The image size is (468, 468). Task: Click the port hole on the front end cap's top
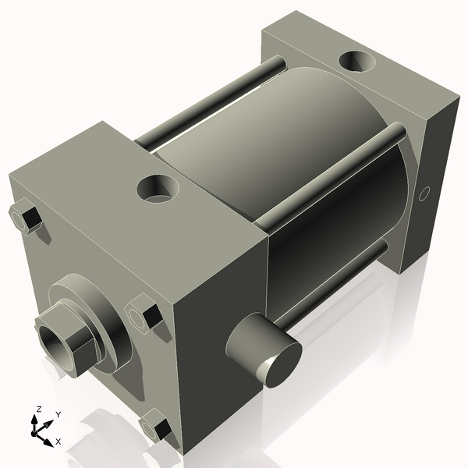[x=158, y=188]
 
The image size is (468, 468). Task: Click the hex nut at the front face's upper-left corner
[x=27, y=216]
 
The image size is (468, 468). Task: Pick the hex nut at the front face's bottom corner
[x=155, y=428]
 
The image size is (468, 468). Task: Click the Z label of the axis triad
[x=37, y=409]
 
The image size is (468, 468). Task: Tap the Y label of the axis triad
[x=58, y=415]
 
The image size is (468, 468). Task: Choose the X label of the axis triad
[x=58, y=441]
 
